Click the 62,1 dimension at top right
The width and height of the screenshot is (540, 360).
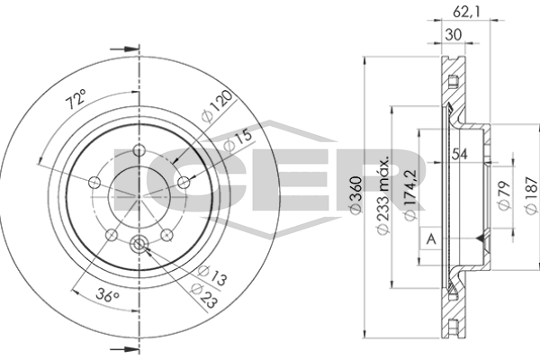pos(460,13)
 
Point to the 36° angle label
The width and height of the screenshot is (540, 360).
pos(105,292)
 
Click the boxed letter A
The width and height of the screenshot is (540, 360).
pos(431,238)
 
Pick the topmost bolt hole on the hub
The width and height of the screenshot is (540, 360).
pos(139,150)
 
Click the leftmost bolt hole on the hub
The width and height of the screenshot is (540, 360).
pos(93,183)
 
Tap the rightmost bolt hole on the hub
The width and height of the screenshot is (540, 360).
pos(185,183)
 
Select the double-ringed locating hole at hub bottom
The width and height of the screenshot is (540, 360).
pos(139,242)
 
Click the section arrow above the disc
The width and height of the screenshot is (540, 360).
pos(130,49)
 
